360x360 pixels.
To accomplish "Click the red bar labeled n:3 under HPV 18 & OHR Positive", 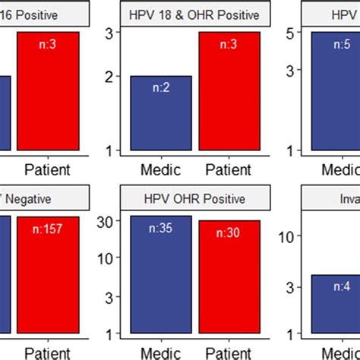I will [x=228, y=91].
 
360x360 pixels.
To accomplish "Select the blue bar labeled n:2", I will [x=163, y=114].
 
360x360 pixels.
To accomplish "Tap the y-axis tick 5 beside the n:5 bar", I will [x=289, y=33].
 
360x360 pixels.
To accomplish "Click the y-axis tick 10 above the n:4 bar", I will [x=286, y=236].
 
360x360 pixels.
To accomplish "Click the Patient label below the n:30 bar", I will [x=228, y=352].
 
